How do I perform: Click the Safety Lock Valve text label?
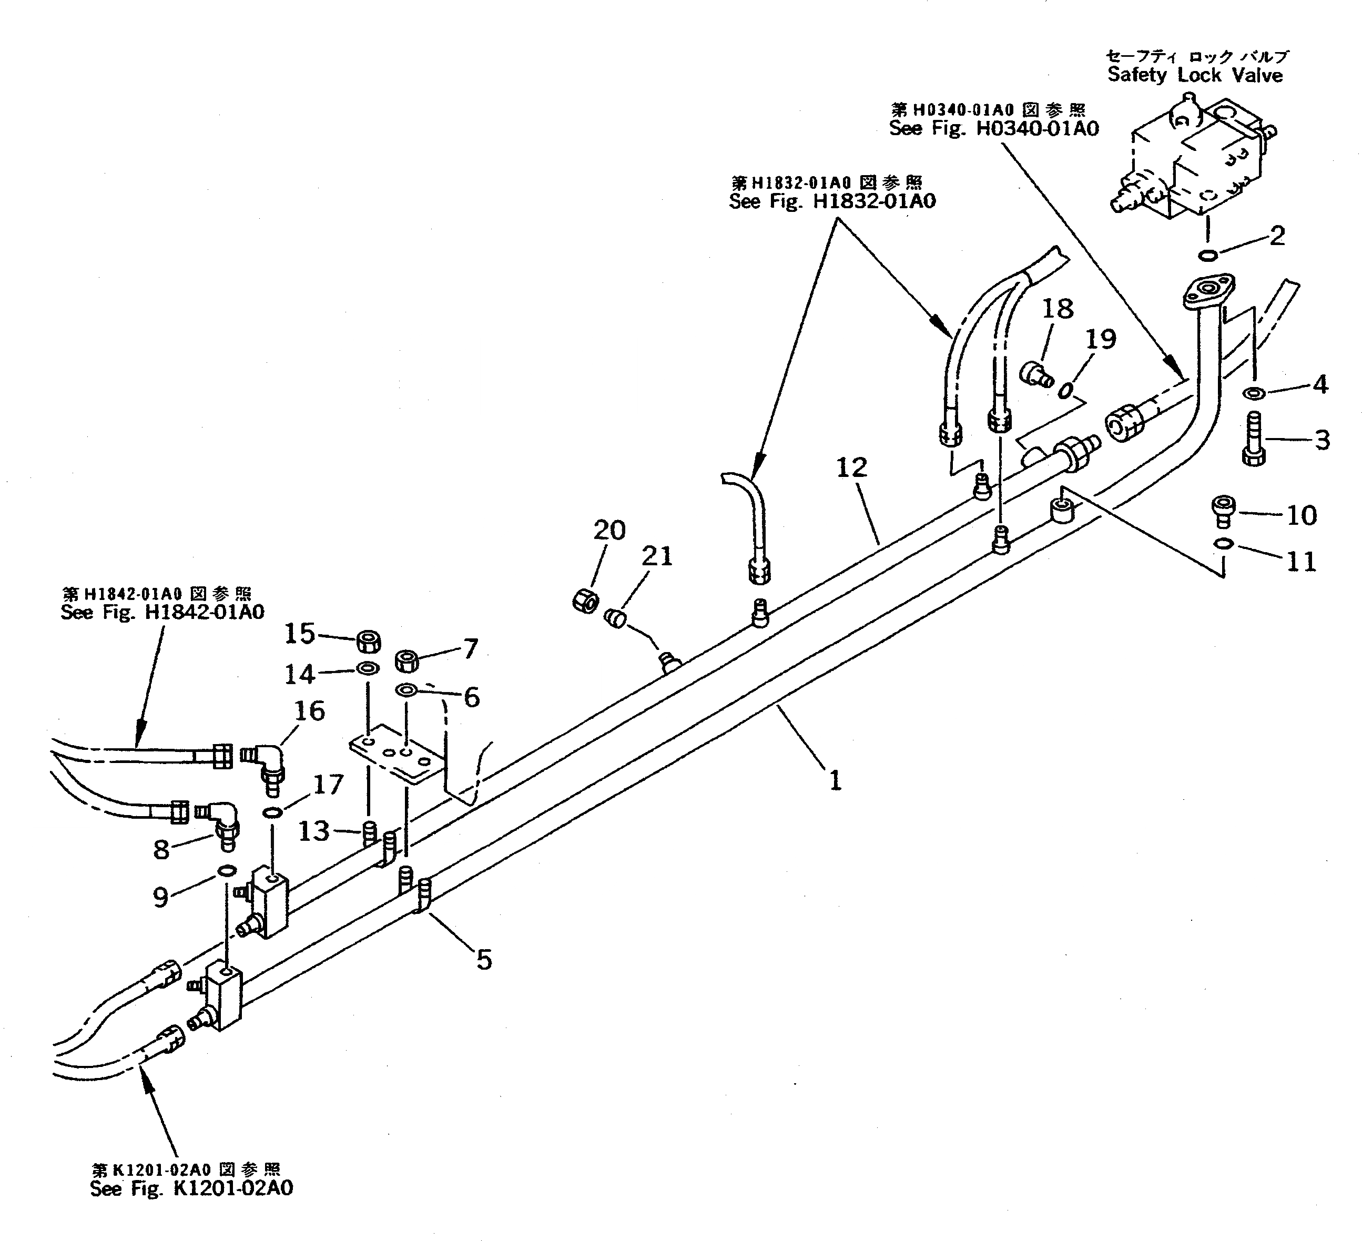pos(1194,75)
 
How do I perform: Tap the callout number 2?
pos(1276,236)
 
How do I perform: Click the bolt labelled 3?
pos(1253,440)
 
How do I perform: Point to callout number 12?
pos(851,467)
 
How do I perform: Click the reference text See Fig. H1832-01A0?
pos(832,201)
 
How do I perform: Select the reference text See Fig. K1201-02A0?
pos(192,1188)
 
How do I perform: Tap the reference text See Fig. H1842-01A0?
pos(162,612)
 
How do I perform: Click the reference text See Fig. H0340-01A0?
pos(994,128)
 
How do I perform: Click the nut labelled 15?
pos(368,641)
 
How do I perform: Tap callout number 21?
pos(657,556)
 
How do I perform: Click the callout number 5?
pos(484,959)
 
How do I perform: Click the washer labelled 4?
pos(1254,393)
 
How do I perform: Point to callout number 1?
pos(836,781)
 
